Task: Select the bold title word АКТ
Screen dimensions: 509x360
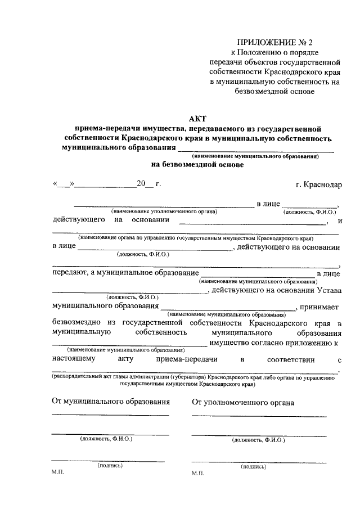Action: (x=198, y=119)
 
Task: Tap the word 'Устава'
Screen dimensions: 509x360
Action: (x=327, y=290)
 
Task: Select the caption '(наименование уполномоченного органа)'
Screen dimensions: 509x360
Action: (x=164, y=211)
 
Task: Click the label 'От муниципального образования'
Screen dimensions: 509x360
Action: (x=110, y=402)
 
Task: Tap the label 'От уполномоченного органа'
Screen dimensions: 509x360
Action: (x=242, y=402)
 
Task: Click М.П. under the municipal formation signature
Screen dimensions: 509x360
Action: (x=58, y=474)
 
